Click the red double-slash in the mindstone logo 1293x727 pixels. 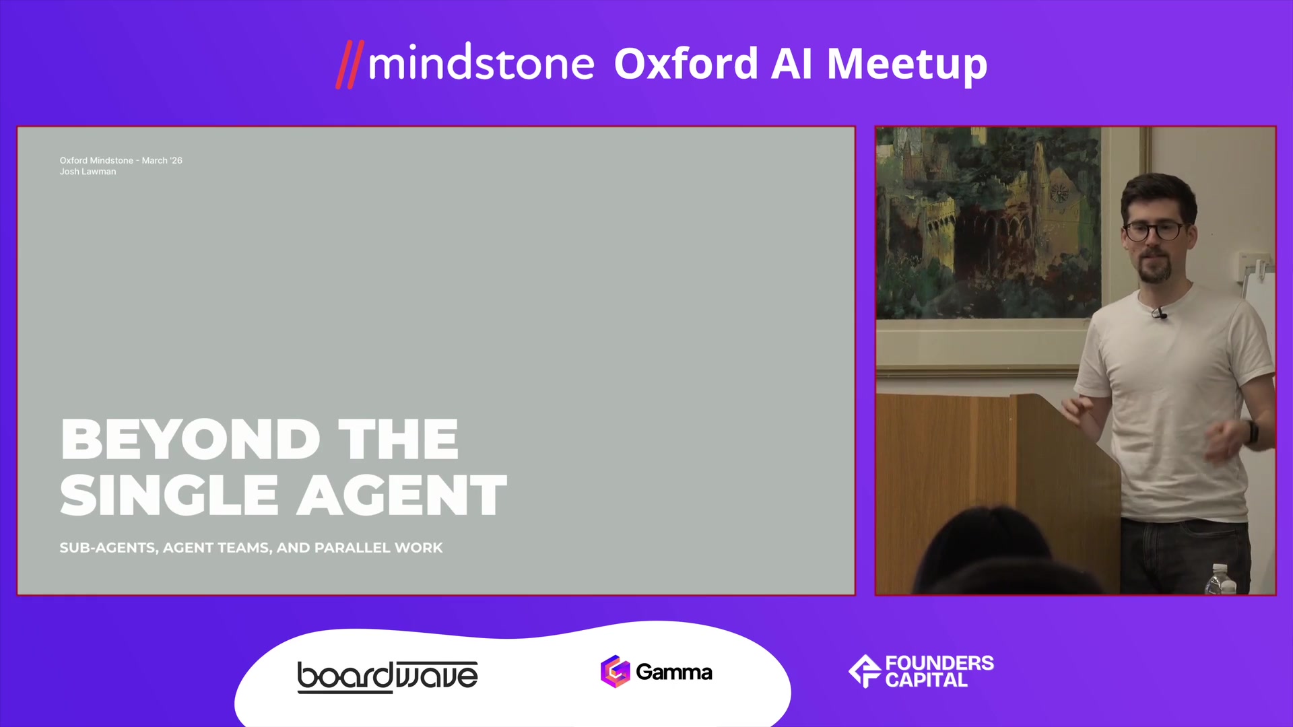coord(350,65)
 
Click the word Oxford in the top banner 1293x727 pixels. coord(686,64)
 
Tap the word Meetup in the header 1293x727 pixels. coord(906,66)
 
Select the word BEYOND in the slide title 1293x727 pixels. coord(190,440)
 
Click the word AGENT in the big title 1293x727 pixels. coord(402,495)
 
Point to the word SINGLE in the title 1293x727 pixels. coord(169,495)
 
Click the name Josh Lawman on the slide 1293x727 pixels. coord(88,172)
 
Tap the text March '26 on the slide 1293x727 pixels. coord(162,160)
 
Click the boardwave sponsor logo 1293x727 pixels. coord(388,677)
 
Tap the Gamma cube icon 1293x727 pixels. coord(615,671)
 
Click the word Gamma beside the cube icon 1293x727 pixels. coord(673,672)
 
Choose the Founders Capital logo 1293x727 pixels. coord(921,671)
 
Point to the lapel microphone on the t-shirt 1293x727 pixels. coord(1159,313)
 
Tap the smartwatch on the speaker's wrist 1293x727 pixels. coord(1252,431)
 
